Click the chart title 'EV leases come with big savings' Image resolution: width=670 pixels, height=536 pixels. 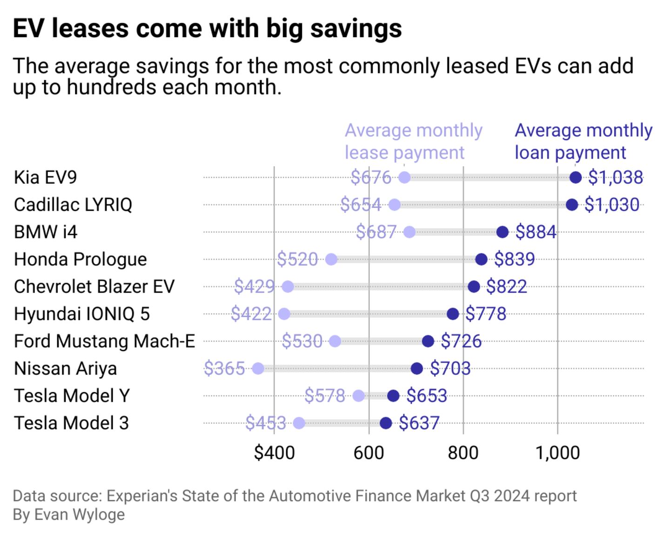[x=207, y=29]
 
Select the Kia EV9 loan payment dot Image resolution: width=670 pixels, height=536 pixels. [x=576, y=177]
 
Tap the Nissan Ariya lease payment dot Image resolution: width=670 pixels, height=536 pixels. [x=258, y=368]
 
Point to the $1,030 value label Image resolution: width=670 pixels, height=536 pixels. [x=611, y=205]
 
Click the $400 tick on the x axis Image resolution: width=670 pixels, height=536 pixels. [x=274, y=453]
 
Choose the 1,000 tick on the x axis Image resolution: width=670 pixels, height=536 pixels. [x=557, y=453]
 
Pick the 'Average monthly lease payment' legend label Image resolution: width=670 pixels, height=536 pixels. [x=413, y=141]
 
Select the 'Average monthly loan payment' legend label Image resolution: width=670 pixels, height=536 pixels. [x=583, y=141]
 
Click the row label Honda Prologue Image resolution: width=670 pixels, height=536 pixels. [x=80, y=259]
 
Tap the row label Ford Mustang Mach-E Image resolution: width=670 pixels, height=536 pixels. [x=104, y=341]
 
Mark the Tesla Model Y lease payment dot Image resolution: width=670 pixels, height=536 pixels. [x=358, y=396]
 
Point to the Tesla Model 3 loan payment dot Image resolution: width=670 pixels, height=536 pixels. [x=385, y=423]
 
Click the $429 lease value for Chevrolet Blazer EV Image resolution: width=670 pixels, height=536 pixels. [x=254, y=287]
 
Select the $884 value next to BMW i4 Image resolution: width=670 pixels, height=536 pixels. [x=536, y=232]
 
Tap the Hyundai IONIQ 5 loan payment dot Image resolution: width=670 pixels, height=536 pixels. [x=452, y=314]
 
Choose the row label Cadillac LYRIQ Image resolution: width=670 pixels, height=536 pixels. [x=73, y=205]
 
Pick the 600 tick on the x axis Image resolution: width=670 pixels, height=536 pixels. [x=368, y=453]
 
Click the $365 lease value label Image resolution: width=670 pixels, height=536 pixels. [x=224, y=368]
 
